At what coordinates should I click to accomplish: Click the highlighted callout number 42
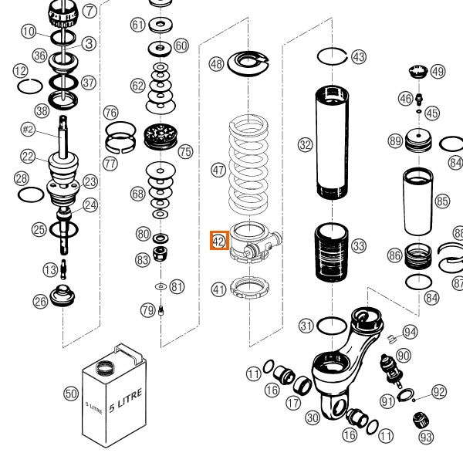pos(218,241)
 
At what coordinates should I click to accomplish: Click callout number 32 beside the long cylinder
pos(306,144)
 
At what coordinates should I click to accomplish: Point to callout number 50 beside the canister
pos(70,394)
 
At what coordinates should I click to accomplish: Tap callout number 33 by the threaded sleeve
pos(359,246)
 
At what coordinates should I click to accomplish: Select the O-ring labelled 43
pos(333,56)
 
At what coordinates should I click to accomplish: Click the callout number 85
pos(442,201)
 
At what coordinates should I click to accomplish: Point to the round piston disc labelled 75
pos(161,137)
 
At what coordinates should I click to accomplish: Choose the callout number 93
pos(427,438)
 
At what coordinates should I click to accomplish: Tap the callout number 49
pos(438,72)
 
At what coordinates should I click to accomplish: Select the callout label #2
pos(29,129)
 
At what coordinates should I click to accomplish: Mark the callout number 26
pos(40,302)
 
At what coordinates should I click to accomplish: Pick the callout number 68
pos(137,193)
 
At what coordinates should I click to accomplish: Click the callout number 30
pos(313,417)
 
